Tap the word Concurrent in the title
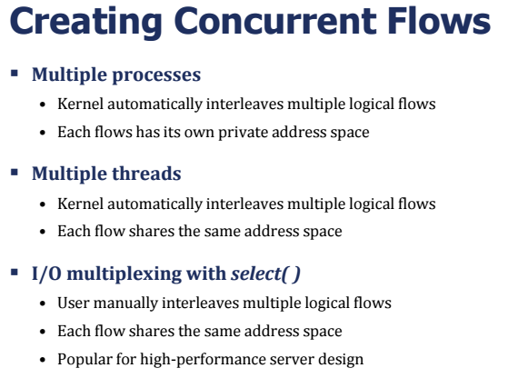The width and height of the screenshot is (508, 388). (x=275, y=21)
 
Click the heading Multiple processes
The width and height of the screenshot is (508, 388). (x=116, y=75)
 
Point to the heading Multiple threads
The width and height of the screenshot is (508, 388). (x=106, y=174)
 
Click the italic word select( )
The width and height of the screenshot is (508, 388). (x=265, y=274)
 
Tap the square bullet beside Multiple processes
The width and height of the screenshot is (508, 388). (x=15, y=74)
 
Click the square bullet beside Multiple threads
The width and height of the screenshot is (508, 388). (x=15, y=173)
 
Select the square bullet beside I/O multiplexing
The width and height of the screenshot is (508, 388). (x=15, y=272)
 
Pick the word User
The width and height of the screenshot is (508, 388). (x=74, y=303)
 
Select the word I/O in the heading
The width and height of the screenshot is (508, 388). (x=46, y=274)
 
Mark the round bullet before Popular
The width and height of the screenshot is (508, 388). (x=43, y=360)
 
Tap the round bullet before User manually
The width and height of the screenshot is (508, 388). (x=43, y=303)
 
